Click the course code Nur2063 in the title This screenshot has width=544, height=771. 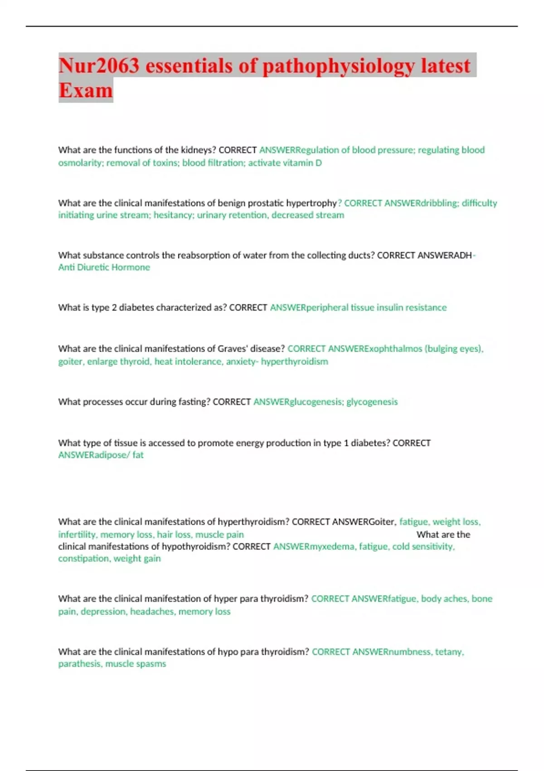pos(99,65)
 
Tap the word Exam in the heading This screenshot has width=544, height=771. pos(86,90)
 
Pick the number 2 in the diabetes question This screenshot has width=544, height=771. pos(114,307)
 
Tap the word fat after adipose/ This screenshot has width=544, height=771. pos(138,455)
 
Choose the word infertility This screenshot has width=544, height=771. pos(77,535)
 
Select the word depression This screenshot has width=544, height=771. pos(103,611)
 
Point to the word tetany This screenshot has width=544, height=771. pos(449,652)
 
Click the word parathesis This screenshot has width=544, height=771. pos(79,664)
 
